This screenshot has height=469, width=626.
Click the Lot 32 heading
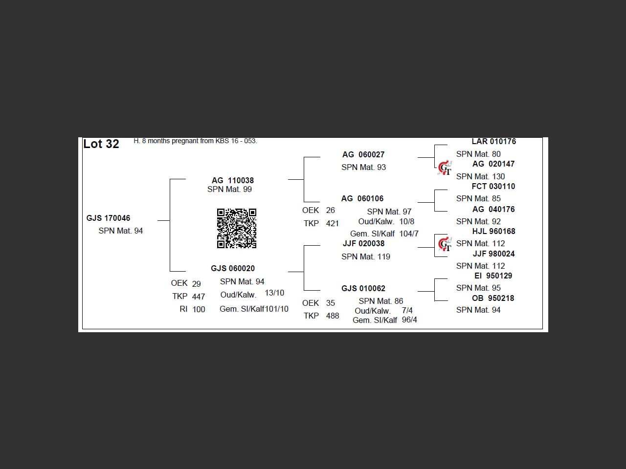101,144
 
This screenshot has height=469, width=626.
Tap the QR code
236,228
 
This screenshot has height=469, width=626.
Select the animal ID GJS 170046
108,218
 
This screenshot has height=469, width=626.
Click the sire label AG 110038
232,180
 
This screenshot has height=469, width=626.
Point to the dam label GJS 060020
233,268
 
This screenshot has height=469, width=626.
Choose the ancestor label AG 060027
363,154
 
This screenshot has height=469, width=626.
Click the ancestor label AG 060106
362,198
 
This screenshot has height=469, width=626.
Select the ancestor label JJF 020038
363,243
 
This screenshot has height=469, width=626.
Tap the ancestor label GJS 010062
363,288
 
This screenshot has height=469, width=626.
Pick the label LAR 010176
493,142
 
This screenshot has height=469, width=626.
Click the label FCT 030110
493,186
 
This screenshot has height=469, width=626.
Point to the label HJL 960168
493,231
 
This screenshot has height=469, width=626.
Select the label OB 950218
493,298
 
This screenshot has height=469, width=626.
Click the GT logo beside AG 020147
445,168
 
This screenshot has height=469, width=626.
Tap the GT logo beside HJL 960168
445,244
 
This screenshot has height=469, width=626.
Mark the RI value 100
199,309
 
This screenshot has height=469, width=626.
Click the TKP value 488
332,316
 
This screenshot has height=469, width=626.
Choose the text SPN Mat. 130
480,176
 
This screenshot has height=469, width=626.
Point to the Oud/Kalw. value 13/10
274,293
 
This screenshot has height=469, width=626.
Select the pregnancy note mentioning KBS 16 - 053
195,141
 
